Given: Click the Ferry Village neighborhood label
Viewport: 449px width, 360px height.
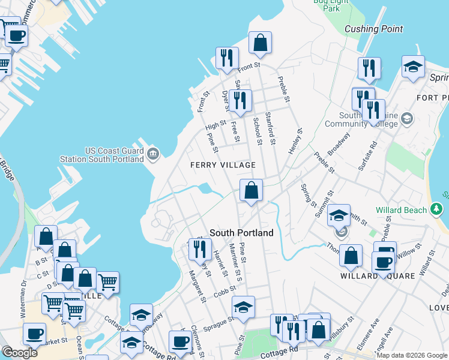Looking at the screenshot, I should pyautogui.click(x=223, y=165).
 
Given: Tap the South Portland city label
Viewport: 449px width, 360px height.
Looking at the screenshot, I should pyautogui.click(x=241, y=233).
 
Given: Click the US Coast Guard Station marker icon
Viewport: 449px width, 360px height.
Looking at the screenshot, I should pyautogui.click(x=152, y=154).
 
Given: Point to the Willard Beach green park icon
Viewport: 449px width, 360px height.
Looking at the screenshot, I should pyautogui.click(x=436, y=210).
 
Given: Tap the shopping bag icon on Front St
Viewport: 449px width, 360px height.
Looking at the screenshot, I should pyautogui.click(x=260, y=43).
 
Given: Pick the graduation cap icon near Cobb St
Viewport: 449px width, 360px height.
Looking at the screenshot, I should pyautogui.click(x=243, y=308).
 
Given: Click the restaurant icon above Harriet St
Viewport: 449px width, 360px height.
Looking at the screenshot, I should pyautogui.click(x=200, y=249).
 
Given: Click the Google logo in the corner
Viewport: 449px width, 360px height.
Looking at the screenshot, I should pyautogui.click(x=20, y=353).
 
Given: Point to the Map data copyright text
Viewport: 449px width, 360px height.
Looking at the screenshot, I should pyautogui.click(x=412, y=355).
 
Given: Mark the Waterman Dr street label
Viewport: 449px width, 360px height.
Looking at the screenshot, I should pyautogui.click(x=23, y=307).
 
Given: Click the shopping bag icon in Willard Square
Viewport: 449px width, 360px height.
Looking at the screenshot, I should pyautogui.click(x=351, y=256).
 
